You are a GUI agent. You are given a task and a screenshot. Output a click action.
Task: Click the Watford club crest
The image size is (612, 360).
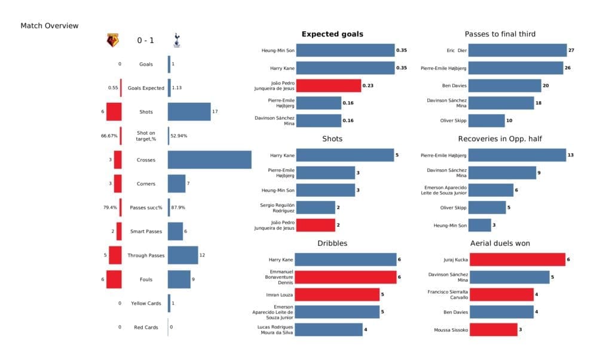112,41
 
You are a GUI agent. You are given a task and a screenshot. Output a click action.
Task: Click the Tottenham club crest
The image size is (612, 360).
176,41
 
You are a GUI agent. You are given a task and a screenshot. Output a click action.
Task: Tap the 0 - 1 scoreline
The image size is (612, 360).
145,41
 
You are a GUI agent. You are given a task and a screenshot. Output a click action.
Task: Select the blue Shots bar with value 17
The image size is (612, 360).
189,112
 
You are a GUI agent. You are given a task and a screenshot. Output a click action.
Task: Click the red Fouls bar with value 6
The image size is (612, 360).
114,279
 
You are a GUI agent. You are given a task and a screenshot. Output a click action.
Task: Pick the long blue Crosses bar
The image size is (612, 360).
209,160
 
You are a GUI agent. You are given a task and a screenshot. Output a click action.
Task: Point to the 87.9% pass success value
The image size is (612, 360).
178,208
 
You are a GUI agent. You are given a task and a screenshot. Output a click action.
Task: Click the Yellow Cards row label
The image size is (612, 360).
146,303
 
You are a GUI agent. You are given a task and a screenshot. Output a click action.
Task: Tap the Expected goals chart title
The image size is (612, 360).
332,34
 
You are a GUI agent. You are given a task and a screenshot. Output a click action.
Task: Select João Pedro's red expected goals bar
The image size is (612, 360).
328,86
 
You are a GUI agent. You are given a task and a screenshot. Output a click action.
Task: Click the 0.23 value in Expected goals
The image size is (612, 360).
369,86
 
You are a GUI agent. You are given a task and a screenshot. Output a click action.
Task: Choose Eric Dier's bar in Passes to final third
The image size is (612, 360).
518,51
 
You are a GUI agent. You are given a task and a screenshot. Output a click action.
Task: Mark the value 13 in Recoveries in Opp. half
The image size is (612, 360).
571,155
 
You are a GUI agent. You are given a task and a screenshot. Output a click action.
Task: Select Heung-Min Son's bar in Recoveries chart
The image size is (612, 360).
480,225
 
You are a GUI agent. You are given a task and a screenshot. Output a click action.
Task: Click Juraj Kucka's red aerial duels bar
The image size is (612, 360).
518,260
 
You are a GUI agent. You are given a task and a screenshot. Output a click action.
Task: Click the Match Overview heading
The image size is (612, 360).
50,26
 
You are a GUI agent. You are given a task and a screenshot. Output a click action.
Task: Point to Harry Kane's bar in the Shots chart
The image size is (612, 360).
345,155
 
